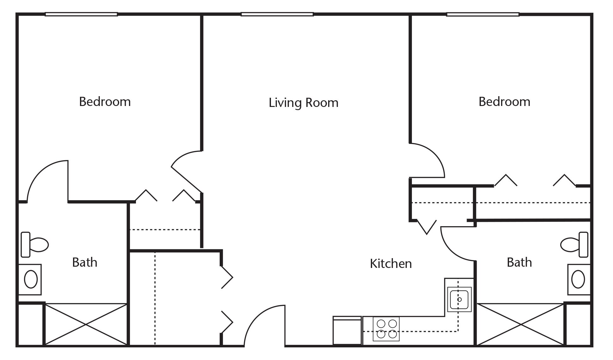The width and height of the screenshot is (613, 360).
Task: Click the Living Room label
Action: [303, 103]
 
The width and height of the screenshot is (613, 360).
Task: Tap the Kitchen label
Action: [391, 264]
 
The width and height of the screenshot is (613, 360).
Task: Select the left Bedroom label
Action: [105, 102]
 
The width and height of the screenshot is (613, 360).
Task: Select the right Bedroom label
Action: [504, 102]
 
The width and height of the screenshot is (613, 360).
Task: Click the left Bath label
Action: [84, 262]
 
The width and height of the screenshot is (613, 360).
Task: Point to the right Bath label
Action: [519, 262]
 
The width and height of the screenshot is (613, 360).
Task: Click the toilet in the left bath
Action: [34, 245]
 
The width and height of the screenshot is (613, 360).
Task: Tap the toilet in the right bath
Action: [574, 245]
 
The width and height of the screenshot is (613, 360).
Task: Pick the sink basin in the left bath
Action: [31, 279]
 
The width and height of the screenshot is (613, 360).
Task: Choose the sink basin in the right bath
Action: [578, 279]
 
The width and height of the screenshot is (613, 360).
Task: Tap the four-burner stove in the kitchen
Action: [386, 329]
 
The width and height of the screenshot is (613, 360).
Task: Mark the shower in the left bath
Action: [86, 324]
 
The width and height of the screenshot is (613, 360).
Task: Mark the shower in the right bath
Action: [520, 324]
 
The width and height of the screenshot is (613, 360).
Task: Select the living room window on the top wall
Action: [277, 14]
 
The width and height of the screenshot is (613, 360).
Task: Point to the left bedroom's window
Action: [81, 14]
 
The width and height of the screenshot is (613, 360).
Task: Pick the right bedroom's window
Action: [483, 14]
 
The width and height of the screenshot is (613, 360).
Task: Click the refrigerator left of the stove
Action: [347, 331]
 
